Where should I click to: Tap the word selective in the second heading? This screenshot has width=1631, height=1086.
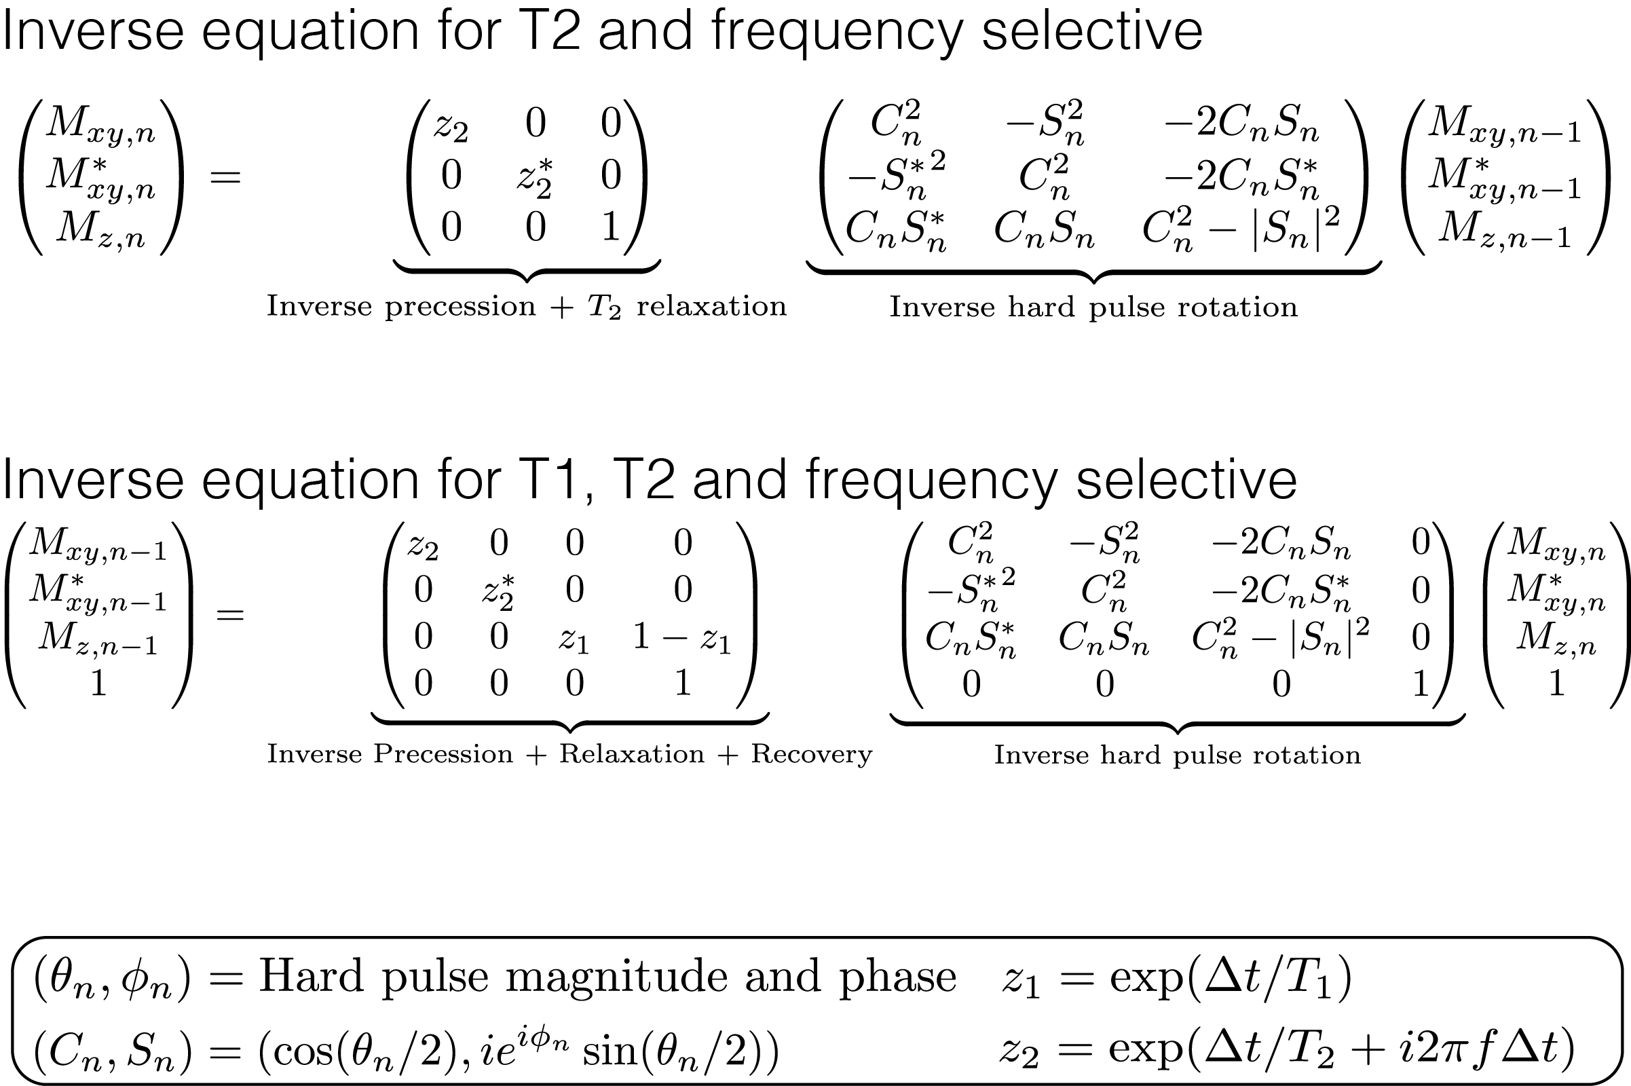[1186, 479]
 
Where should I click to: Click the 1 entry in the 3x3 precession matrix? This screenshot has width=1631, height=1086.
[610, 227]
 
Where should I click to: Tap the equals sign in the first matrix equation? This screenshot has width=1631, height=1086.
[225, 177]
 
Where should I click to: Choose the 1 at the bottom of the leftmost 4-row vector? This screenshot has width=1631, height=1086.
[98, 684]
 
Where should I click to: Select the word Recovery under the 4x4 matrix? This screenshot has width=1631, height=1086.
[812, 754]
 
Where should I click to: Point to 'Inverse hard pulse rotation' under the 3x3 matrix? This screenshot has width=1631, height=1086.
[1093, 307]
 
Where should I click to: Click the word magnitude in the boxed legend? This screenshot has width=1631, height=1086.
[616, 977]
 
